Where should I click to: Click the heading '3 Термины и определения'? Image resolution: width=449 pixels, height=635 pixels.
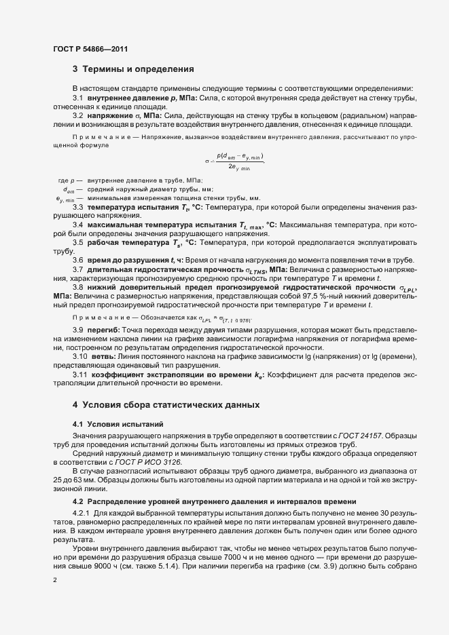pyautogui.click(x=134, y=69)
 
